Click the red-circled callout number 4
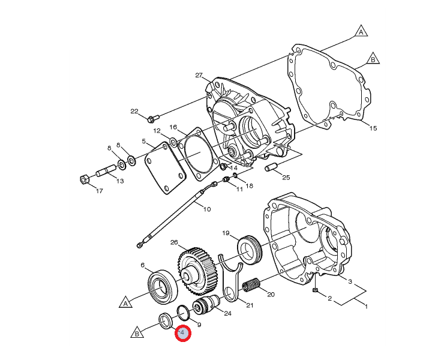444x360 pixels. pos(182,333)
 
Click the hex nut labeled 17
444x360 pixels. pos(84,179)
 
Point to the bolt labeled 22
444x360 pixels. pos(153,118)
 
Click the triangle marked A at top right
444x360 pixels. pos(361,32)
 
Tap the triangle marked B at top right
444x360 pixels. pos(373,59)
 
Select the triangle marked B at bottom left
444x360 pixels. pos(137,332)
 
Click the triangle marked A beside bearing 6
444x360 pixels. pos(126,302)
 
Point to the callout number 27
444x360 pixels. pos(199,75)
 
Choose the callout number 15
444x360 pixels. pos(373,128)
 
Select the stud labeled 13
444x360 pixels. pos(106,170)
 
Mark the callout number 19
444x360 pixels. pos(226,233)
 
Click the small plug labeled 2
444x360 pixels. pos(314,290)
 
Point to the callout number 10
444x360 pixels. pos(207,209)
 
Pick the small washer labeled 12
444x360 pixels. pos(173,142)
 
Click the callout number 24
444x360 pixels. pos(227,313)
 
